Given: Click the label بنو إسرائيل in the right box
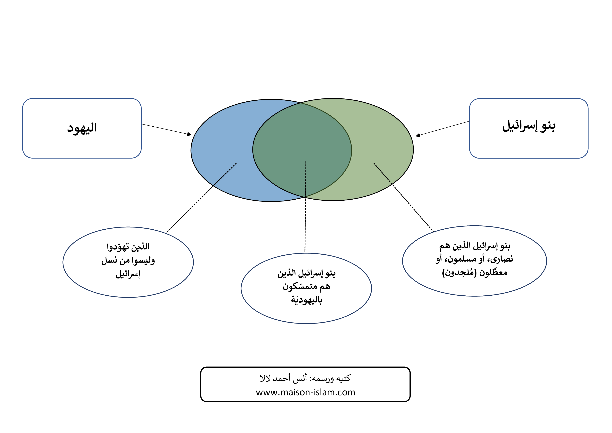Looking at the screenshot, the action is pos(529,126).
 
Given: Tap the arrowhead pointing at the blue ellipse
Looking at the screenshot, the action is pos(189,134).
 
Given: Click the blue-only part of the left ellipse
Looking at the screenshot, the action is pos(221,149).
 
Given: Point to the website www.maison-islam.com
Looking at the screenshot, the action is pos(305,392).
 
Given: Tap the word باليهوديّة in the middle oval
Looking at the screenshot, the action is pos(307,300).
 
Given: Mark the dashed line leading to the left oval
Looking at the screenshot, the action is pos(201,198).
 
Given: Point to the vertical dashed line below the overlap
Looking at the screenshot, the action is pos(305,207).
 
